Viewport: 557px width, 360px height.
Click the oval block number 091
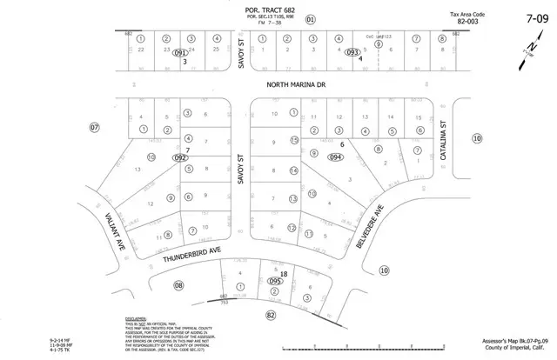[181, 54]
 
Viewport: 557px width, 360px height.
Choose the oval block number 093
[352, 53]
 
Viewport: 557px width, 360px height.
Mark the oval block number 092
[179, 157]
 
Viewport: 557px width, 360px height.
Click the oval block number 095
[276, 282]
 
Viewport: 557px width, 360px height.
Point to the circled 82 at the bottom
[271, 314]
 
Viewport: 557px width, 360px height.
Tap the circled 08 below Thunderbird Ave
[179, 285]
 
